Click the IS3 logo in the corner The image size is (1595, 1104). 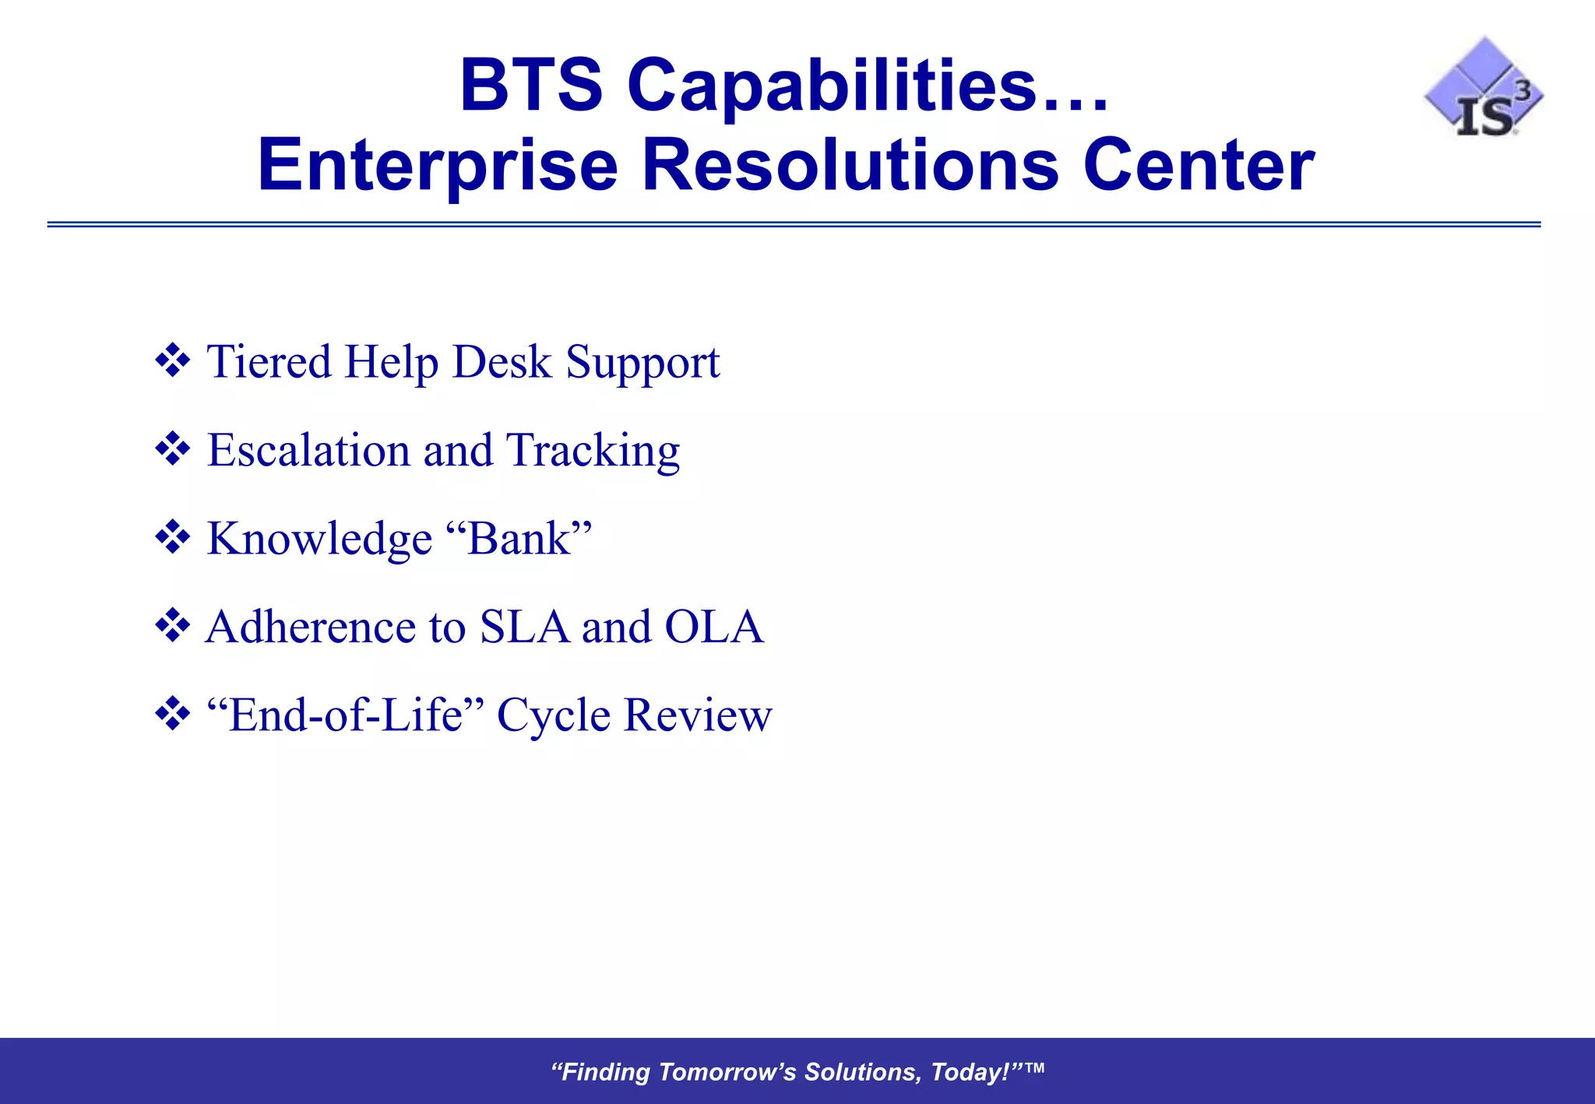point(1484,90)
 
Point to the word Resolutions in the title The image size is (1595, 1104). point(850,165)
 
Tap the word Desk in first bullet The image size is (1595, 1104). point(502,362)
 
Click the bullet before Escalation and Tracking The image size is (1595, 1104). point(173,449)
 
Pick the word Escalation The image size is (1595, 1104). point(308,450)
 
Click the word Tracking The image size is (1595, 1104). point(593,452)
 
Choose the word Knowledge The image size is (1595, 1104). point(319,539)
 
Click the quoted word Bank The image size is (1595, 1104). point(519,538)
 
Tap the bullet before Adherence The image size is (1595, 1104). point(173,626)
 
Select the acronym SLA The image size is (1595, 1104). point(524,627)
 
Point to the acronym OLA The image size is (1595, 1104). point(713,627)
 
